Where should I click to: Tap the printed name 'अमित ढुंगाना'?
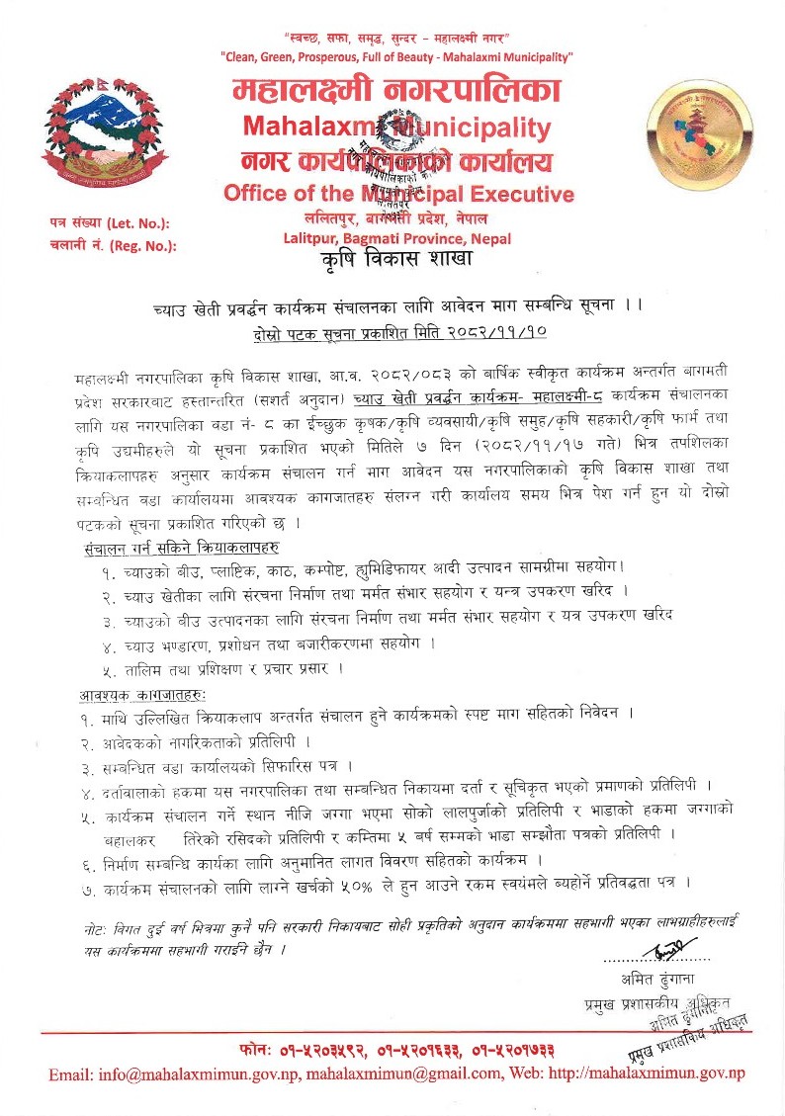coord(657,980)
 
